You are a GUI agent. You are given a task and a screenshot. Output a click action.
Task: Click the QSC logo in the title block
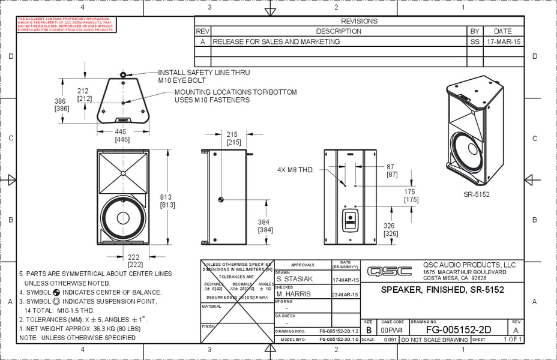point(390,271)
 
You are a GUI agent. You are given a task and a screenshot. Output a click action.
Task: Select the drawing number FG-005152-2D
point(458,329)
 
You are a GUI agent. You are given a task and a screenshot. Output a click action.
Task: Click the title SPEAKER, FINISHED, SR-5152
point(442,290)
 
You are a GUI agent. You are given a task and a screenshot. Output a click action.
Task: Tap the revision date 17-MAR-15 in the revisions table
point(504,42)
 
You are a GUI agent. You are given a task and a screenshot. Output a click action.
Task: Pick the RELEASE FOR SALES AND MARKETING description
point(276,42)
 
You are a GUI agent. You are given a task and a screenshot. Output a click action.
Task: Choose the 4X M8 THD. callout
point(296,170)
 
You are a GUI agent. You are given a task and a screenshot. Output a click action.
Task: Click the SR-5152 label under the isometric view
point(476,194)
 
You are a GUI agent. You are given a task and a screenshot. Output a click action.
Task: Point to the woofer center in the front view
point(123,217)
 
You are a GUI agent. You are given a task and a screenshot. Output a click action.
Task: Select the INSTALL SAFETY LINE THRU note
point(203,73)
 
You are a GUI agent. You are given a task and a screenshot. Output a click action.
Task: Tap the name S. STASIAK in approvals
point(296,280)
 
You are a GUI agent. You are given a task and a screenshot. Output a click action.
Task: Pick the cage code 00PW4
point(393,330)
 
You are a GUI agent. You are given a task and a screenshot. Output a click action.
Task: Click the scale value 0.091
point(390,340)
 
